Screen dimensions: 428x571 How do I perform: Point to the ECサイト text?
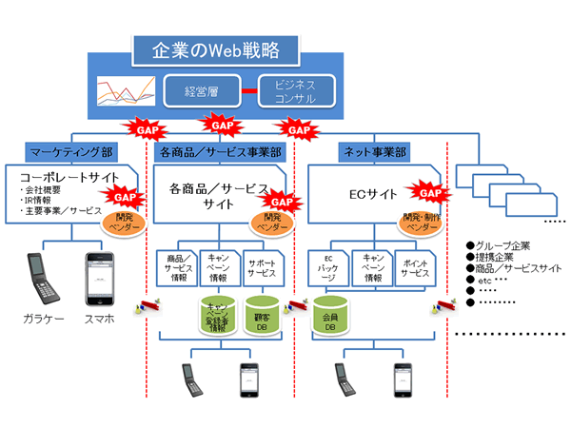pyautogui.click(x=367, y=196)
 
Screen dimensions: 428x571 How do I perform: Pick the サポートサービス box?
pyautogui.click(x=264, y=268)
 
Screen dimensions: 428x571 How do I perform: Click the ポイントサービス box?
pyautogui.click(x=414, y=268)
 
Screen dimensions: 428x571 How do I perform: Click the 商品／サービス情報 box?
pyautogui.click(x=178, y=268)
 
